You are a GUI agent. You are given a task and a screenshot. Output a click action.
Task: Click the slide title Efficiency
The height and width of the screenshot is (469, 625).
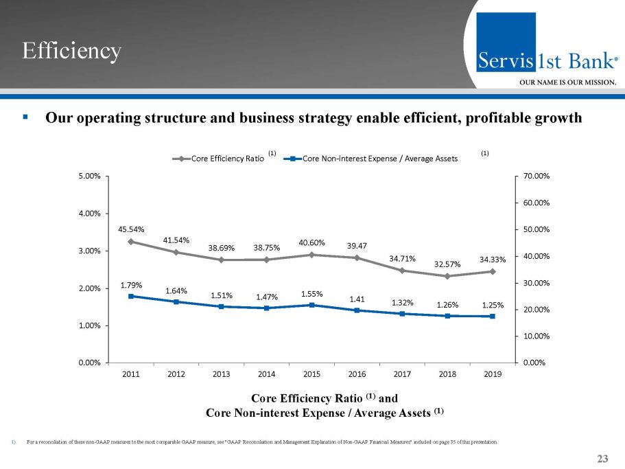pyautogui.click(x=71, y=50)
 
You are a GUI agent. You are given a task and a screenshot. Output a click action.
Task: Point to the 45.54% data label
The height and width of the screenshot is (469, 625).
pyautogui.click(x=130, y=229)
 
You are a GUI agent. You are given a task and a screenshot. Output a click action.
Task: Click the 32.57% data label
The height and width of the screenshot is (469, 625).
pyautogui.click(x=447, y=264)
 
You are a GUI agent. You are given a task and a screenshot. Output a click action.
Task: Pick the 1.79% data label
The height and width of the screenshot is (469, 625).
pyautogui.click(x=130, y=284)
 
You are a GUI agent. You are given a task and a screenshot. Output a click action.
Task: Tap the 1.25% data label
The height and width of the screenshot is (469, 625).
pyautogui.click(x=493, y=304)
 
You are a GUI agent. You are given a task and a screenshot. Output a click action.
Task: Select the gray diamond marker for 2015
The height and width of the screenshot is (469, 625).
pyautogui.click(x=311, y=255)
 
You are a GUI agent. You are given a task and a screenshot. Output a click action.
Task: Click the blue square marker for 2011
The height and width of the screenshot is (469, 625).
pyautogui.click(x=130, y=296)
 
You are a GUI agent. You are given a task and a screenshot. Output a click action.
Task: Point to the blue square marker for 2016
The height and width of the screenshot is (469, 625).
pyautogui.click(x=357, y=310)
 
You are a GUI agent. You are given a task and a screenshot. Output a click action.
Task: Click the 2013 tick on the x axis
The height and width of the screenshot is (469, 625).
pyautogui.click(x=221, y=374)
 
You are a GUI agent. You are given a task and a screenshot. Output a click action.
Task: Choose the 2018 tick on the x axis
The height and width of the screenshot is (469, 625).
pyautogui.click(x=447, y=374)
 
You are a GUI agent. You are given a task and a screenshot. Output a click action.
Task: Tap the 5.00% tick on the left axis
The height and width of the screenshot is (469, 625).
pyautogui.click(x=91, y=176)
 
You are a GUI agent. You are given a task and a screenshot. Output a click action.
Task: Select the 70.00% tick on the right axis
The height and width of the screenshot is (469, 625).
pyautogui.click(x=536, y=176)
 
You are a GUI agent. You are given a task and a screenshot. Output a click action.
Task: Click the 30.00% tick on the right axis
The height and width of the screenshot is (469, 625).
pyautogui.click(x=536, y=283)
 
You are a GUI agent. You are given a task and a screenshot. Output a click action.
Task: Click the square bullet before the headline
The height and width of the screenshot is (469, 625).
pyautogui.click(x=25, y=117)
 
